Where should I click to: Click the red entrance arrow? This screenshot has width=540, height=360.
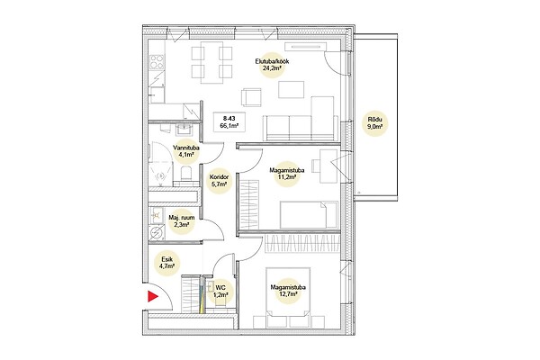click(x=152, y=296)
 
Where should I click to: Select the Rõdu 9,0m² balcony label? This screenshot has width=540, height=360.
click(x=375, y=123)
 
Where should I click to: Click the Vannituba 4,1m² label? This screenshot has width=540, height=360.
click(x=186, y=151)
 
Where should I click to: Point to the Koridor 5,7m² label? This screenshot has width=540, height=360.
click(x=219, y=181)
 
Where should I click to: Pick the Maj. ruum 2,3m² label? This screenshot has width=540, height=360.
click(x=182, y=221)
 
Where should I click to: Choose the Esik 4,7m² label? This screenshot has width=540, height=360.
click(x=166, y=262)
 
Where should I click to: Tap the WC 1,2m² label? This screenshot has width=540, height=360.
click(x=220, y=291)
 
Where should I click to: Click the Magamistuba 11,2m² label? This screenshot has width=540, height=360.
click(x=286, y=174)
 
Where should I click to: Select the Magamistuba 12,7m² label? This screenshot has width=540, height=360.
click(x=288, y=291)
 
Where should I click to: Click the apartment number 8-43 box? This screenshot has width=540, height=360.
click(x=229, y=122)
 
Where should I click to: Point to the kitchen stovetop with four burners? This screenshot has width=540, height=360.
click(x=157, y=62)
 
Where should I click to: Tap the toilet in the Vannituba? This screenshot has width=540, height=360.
click(x=186, y=174)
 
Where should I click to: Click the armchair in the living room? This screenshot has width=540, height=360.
click(x=251, y=97)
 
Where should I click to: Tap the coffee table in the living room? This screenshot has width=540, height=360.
click(x=291, y=90)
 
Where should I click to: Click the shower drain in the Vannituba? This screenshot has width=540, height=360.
click(x=161, y=176)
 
